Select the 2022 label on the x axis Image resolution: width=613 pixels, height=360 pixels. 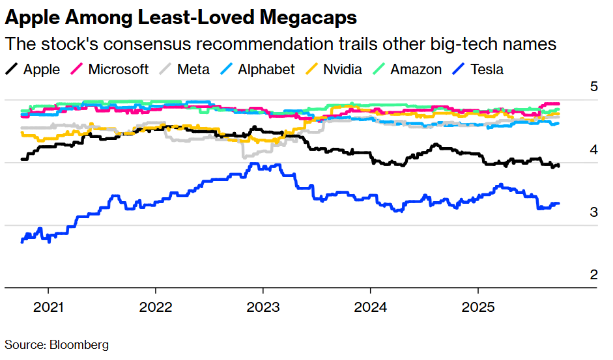coord(155,307)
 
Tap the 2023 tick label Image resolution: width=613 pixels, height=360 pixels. coord(263,307)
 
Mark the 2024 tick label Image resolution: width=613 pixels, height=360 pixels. coord(370,307)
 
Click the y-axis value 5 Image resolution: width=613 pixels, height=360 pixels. coord(593,87)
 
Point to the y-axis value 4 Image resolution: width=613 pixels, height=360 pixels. coord(593,150)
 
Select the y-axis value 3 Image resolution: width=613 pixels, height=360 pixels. coord(593,212)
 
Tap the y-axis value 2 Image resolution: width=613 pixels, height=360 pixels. coord(593,275)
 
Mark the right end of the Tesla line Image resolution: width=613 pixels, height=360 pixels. coord(558,204)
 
